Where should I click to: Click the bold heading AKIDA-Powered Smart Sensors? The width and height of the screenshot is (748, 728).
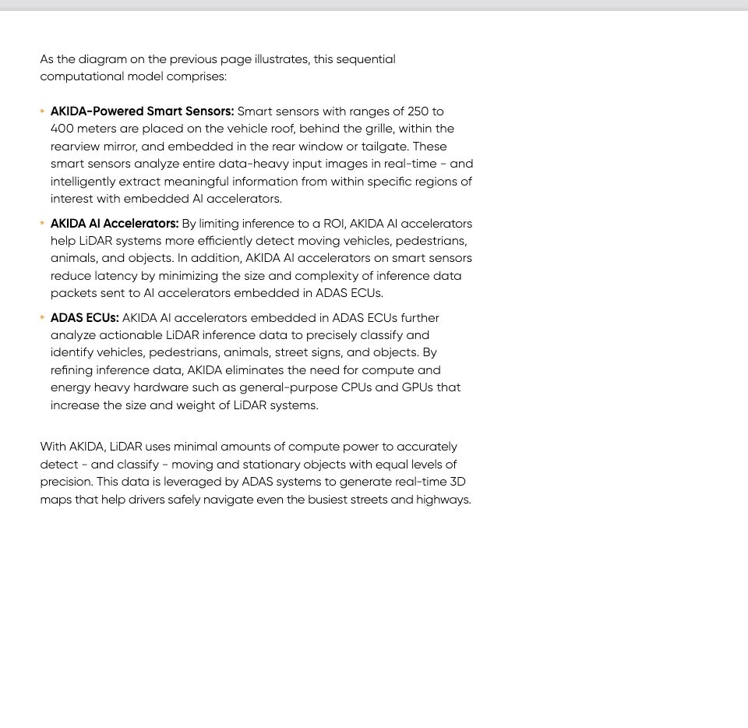[x=142, y=111]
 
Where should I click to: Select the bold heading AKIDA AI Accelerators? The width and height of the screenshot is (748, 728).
[x=115, y=224]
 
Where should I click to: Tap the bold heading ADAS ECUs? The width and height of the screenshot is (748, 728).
[x=85, y=318]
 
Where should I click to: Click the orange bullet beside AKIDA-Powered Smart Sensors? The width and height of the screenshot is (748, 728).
[x=42, y=111]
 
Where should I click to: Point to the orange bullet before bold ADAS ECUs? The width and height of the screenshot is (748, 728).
[x=42, y=318]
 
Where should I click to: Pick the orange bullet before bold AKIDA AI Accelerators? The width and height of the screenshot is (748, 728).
[x=42, y=224]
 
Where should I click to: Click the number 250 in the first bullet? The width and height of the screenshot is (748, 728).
[x=418, y=111]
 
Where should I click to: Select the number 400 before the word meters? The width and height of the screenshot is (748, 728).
[x=62, y=129]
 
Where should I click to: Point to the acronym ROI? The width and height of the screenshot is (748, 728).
[x=333, y=224]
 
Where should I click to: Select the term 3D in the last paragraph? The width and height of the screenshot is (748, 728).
[x=457, y=482]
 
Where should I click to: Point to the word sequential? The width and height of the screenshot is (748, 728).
[x=365, y=59]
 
